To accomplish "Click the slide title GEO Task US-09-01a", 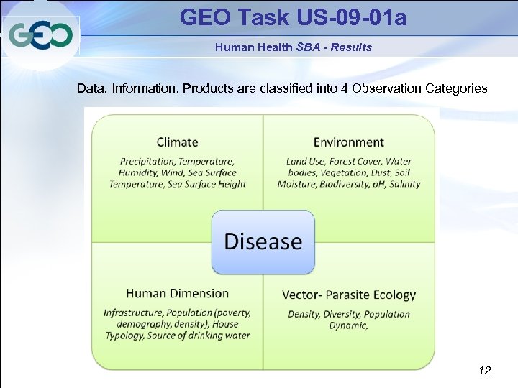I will point(293,17).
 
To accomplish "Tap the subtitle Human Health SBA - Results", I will point(293,47).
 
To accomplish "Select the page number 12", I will point(484,371).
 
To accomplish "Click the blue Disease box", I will point(263,241).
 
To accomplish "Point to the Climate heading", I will point(178,142).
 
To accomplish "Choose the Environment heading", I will point(349,142).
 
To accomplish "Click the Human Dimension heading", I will point(177,293).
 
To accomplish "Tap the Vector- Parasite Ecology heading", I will point(349,295).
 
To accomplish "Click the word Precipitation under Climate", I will point(147,162).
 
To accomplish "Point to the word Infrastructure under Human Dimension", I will point(133,313).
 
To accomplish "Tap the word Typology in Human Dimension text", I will point(125,336).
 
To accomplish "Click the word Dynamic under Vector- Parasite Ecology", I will point(349,325).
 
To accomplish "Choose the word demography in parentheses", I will point(134,325).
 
